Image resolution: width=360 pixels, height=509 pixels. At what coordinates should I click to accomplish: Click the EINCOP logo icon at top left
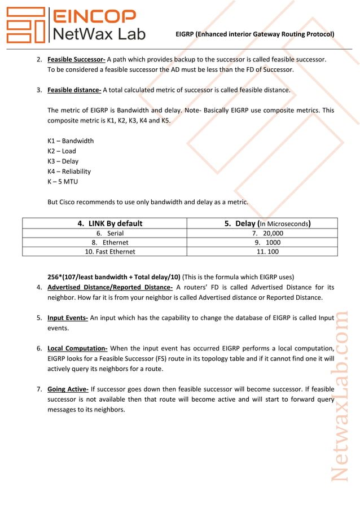click(x=25, y=25)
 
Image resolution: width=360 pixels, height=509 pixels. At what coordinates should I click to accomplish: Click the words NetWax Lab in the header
click(x=98, y=34)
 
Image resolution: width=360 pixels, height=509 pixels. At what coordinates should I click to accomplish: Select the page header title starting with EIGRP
click(x=254, y=34)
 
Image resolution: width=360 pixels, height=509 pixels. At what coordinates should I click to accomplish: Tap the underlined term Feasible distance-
click(x=74, y=90)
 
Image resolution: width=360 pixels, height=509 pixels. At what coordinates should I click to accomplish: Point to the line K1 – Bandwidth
click(x=71, y=141)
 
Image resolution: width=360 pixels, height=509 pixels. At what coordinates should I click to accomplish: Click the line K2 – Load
click(x=62, y=151)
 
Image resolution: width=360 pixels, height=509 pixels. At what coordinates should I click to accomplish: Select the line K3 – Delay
click(x=63, y=161)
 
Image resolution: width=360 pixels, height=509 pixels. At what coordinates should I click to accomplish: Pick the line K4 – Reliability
click(x=69, y=171)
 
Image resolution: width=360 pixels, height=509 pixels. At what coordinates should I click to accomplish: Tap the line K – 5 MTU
click(x=63, y=181)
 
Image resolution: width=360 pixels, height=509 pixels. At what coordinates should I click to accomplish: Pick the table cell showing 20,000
click(x=268, y=233)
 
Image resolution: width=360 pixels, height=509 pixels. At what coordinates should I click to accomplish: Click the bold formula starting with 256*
click(x=113, y=277)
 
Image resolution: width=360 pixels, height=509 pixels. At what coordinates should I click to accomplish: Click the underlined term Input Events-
click(x=68, y=318)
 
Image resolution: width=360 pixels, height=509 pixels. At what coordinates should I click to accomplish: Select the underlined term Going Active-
click(x=68, y=389)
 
